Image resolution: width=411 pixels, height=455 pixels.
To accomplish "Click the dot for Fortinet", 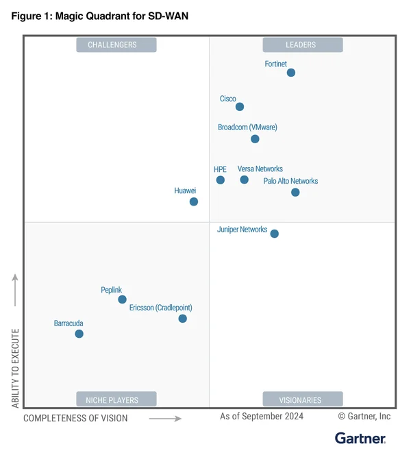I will [x=291, y=73].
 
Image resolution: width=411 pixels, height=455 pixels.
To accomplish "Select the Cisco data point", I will [x=240, y=107].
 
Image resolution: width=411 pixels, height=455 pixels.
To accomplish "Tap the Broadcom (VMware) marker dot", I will [x=255, y=139].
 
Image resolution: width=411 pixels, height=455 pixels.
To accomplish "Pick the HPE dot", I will [x=221, y=180].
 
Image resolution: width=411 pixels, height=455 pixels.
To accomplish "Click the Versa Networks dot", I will [x=245, y=180].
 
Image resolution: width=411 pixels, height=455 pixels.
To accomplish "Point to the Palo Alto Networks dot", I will [x=295, y=193].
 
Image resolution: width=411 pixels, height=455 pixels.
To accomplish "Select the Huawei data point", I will [x=194, y=201].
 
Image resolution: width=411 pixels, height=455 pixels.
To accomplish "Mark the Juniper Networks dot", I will [x=275, y=234].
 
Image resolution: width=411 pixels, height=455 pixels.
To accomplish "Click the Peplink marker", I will [x=122, y=299].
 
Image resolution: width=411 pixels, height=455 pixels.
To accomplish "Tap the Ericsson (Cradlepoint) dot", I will [x=182, y=319].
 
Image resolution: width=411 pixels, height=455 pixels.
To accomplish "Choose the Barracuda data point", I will [x=79, y=334].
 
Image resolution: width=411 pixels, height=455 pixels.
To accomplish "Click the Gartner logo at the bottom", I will [x=360, y=438].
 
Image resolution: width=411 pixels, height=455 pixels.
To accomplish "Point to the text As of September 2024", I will [x=261, y=416].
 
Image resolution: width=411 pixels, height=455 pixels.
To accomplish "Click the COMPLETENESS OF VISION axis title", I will [x=75, y=418].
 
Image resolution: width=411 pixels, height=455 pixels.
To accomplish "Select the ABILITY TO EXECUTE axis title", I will [x=16, y=367].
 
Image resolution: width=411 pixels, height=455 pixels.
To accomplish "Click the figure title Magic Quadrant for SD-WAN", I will [x=99, y=16].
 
